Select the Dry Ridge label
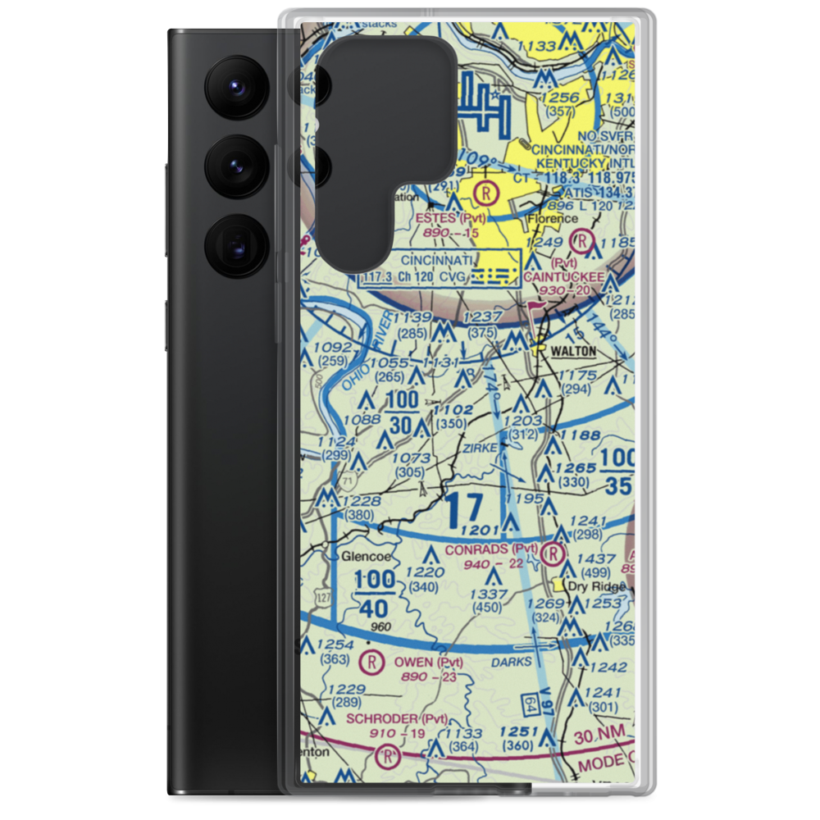click(599, 586)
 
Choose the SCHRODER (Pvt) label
click(397, 719)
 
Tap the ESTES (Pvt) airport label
click(450, 219)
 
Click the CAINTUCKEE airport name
click(565, 278)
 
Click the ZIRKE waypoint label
click(480, 449)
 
